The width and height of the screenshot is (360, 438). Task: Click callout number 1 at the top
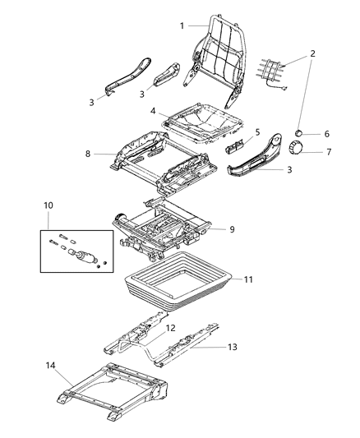point(182,25)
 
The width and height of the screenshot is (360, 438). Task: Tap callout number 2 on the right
point(312,54)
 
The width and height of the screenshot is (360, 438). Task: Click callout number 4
point(153,111)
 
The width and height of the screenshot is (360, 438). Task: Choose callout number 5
point(257,131)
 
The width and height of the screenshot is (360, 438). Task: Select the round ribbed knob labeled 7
point(295,148)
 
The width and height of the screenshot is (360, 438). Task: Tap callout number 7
point(326,152)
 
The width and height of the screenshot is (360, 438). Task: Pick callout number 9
point(232,230)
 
